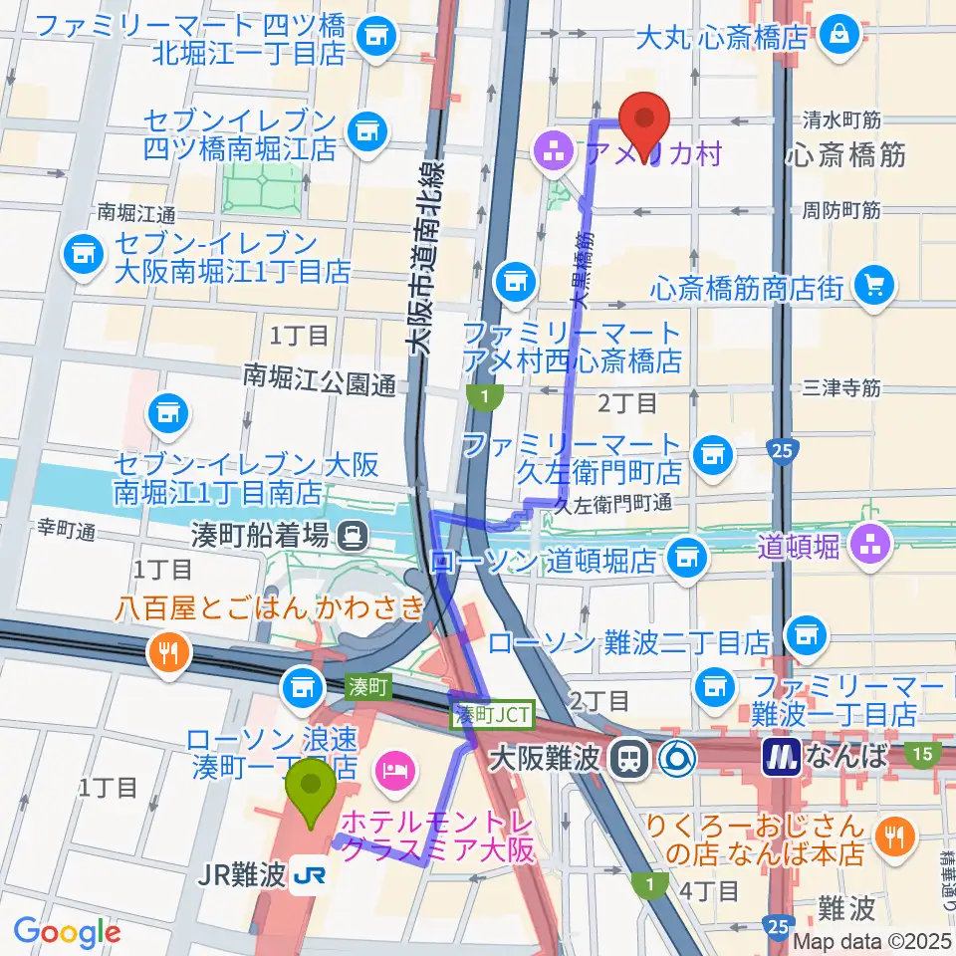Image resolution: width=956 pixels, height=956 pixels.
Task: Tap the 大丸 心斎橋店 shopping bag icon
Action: (839, 35)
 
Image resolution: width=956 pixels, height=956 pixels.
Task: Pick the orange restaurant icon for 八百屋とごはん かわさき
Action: (164, 652)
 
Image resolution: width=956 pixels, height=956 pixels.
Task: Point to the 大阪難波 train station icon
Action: (629, 759)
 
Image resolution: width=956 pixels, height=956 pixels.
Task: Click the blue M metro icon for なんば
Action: (782, 757)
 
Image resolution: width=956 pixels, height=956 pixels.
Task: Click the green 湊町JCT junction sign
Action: (494, 713)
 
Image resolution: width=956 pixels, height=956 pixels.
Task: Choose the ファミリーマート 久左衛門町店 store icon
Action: (711, 455)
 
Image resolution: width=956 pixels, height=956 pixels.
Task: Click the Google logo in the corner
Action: (67, 932)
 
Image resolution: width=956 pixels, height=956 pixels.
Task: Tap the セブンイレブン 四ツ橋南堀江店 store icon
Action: (366, 128)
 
